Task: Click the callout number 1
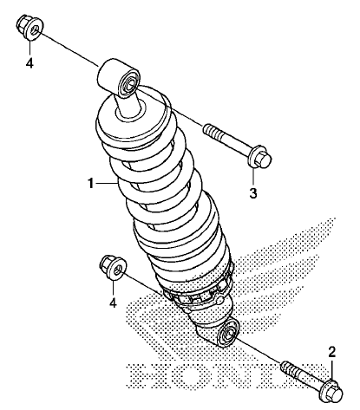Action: [x=91, y=184]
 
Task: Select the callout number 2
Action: [x=331, y=352]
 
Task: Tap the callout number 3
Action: [x=253, y=193]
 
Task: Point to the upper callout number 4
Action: [x=29, y=63]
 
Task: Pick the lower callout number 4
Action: [x=113, y=303]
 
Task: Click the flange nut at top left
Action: [x=29, y=27]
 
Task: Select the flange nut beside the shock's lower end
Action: [x=113, y=267]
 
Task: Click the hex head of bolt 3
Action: [x=260, y=158]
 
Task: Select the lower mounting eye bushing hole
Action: [x=229, y=335]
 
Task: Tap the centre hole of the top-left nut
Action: [x=36, y=29]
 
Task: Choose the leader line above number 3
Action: [x=253, y=176]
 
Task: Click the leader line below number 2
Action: [x=332, y=370]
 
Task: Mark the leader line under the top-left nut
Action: [x=29, y=48]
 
